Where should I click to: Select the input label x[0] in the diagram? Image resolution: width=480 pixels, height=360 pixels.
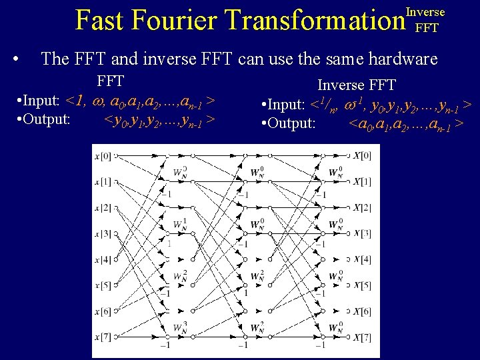pyautogui.click(x=101, y=155)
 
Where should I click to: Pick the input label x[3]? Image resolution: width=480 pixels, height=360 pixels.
pyautogui.click(x=101, y=234)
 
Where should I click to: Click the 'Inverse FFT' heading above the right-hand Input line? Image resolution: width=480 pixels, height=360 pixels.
pyautogui.click(x=356, y=85)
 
